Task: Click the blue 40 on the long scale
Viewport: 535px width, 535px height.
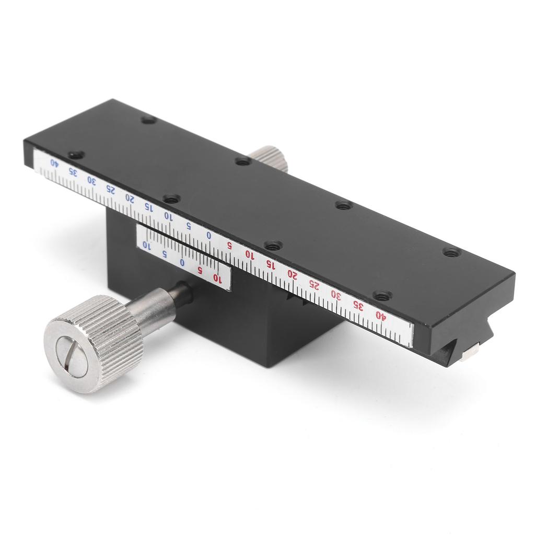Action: pos(54,162)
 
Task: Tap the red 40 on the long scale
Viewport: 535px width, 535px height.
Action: pos(380,315)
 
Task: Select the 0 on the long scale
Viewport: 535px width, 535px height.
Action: pos(208,235)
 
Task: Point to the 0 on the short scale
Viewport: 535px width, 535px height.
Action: pos(182,262)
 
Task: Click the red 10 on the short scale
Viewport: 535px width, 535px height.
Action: pos(218,279)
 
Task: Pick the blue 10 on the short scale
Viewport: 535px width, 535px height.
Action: pos(148,246)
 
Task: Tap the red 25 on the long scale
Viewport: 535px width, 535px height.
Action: pos(313,284)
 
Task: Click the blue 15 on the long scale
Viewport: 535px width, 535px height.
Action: pos(148,207)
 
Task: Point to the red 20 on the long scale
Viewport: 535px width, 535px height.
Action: pos(292,275)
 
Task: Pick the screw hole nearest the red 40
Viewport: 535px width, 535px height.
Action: pos(383,296)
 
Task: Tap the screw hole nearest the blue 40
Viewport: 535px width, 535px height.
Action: pos(76,154)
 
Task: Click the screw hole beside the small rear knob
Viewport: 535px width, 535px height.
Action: pos(242,161)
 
